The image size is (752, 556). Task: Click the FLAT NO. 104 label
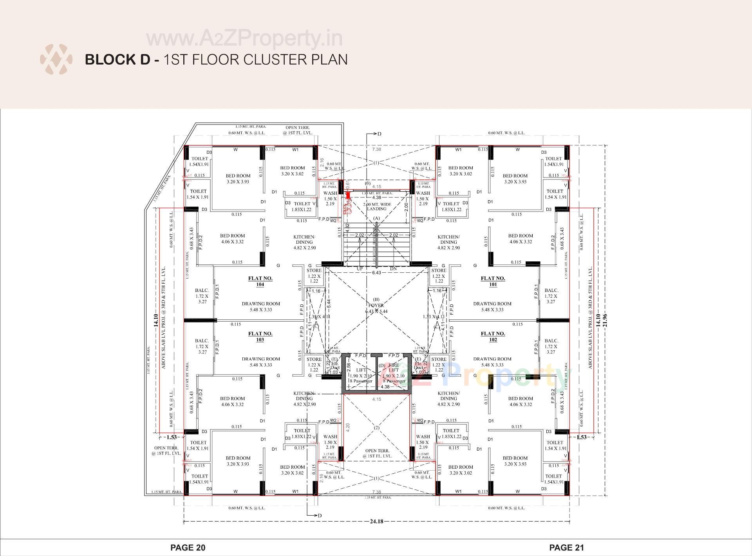pyautogui.click(x=260, y=281)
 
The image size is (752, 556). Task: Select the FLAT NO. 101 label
pyautogui.click(x=493, y=281)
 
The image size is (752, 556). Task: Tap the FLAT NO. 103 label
pyautogui.click(x=260, y=337)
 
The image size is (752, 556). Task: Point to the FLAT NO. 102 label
pyautogui.click(x=493, y=337)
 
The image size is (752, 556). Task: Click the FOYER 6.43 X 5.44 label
pyautogui.click(x=376, y=308)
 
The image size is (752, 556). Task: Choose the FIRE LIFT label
pyautogui.click(x=394, y=368)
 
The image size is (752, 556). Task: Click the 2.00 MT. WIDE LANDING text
pyautogui.click(x=376, y=206)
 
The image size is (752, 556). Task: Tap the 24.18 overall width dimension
pyautogui.click(x=376, y=521)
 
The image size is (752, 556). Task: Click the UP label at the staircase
pyautogui.click(x=360, y=269)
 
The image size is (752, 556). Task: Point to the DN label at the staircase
pyautogui.click(x=394, y=269)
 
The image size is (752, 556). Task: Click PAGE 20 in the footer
pyautogui.click(x=188, y=547)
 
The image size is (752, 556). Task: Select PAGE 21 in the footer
pyautogui.click(x=566, y=547)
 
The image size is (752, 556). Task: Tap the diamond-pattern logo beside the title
pyautogui.click(x=56, y=60)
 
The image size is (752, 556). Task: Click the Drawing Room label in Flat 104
pyautogui.click(x=260, y=306)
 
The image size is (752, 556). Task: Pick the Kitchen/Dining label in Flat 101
pyautogui.click(x=448, y=242)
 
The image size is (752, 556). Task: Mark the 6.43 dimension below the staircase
pyautogui.click(x=376, y=272)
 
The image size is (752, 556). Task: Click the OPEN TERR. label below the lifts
pyautogui.click(x=376, y=453)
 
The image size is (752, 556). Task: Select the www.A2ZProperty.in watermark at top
pyautogui.click(x=244, y=38)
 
